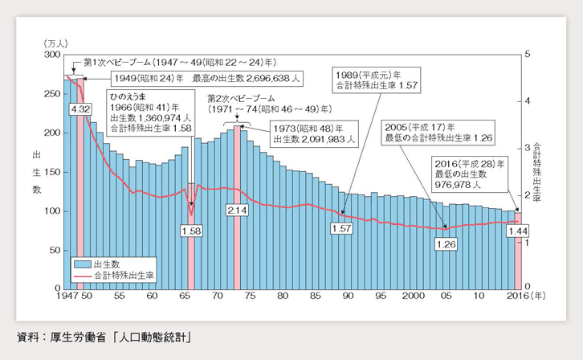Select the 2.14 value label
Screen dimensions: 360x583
pyautogui.click(x=236, y=210)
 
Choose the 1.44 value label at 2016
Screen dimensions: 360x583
pyautogui.click(x=517, y=231)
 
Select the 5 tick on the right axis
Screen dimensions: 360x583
pyautogui.click(x=527, y=54)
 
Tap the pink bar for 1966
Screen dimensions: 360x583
pyautogui.click(x=191, y=241)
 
